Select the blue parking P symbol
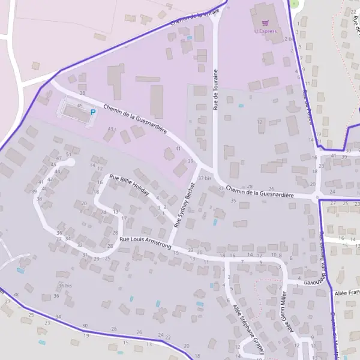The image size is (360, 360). (92, 112)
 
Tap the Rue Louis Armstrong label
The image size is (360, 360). (145, 243)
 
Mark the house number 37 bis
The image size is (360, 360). (205, 178)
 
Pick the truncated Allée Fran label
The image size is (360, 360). (346, 293)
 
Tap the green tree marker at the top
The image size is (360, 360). (294, 3)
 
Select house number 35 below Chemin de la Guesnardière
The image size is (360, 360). (233, 200)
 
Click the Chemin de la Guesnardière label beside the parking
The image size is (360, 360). (134, 119)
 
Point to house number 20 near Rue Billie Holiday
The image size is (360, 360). (84, 203)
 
